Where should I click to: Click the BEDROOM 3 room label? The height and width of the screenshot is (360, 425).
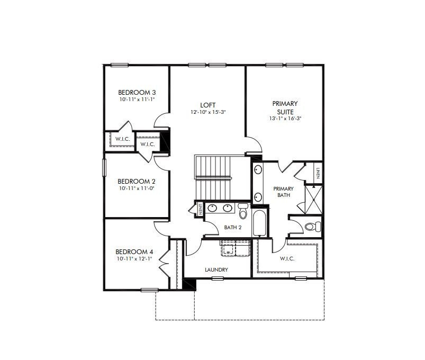point(136,92)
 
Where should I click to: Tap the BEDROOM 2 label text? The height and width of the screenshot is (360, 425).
point(136,181)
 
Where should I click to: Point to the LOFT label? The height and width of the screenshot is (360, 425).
point(208,105)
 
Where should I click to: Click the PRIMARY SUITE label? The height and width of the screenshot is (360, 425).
point(285,107)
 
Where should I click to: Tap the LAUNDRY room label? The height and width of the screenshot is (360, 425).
point(216,270)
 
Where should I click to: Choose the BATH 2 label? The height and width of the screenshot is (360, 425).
point(232,227)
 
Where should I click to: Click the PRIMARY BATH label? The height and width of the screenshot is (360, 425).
point(283,192)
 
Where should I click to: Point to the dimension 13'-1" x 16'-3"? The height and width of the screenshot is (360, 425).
point(285,119)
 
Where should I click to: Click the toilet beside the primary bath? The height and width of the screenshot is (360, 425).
point(312,227)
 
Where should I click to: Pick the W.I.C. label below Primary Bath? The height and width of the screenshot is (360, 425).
point(287,259)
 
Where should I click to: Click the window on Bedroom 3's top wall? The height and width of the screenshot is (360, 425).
point(120,65)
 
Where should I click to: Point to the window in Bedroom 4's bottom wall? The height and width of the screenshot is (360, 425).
point(149,289)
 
